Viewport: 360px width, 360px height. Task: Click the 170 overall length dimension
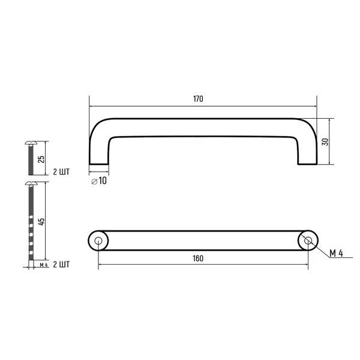(198, 99)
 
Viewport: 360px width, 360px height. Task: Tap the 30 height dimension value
(325, 142)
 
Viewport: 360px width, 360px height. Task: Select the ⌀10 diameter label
(99, 181)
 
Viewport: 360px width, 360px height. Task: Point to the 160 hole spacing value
(198, 259)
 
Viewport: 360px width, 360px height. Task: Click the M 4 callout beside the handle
(337, 253)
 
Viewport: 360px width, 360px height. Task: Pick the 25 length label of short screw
(41, 159)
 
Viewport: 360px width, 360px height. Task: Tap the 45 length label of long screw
(41, 221)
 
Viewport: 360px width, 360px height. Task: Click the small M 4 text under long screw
(44, 265)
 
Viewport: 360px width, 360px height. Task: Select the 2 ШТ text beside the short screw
(61, 172)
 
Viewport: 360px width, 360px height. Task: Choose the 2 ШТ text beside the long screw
(61, 265)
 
